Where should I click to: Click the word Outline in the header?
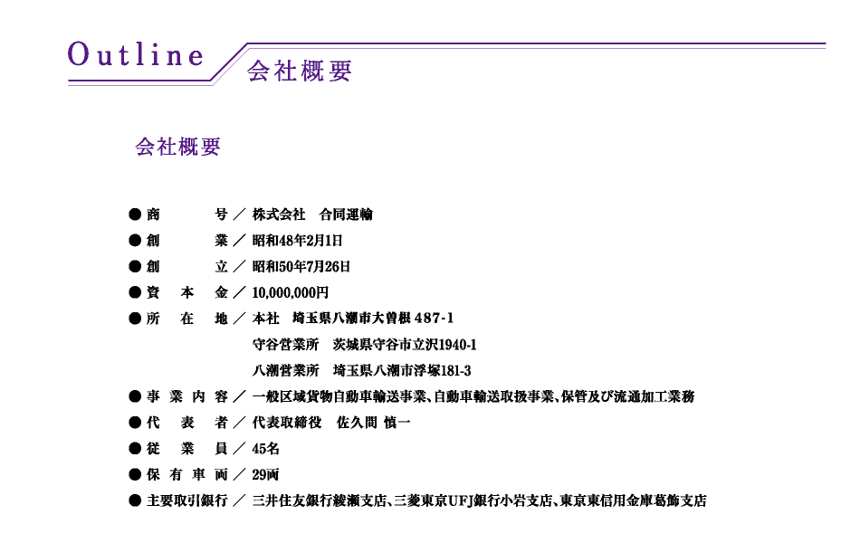click(x=136, y=55)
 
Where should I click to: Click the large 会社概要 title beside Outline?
click(x=300, y=71)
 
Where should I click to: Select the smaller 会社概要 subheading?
click(x=178, y=147)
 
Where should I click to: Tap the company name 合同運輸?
click(x=346, y=214)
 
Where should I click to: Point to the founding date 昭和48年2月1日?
click(x=297, y=241)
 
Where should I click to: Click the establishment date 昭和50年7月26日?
click(x=301, y=267)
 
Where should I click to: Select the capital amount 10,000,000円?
click(x=291, y=293)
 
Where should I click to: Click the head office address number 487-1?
click(x=434, y=319)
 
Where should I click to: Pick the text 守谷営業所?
click(x=286, y=345)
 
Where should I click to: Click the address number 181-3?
click(x=455, y=371)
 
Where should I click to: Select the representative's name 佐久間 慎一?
click(x=374, y=423)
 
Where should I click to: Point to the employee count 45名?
click(x=265, y=449)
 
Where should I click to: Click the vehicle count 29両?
click(x=265, y=475)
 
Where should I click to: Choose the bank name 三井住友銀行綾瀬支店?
click(x=320, y=500)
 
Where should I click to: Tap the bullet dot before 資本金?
click(x=135, y=292)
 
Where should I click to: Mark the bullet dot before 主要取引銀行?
click(x=135, y=500)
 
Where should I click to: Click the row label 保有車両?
click(x=187, y=475)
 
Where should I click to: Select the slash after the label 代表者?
click(x=239, y=423)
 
